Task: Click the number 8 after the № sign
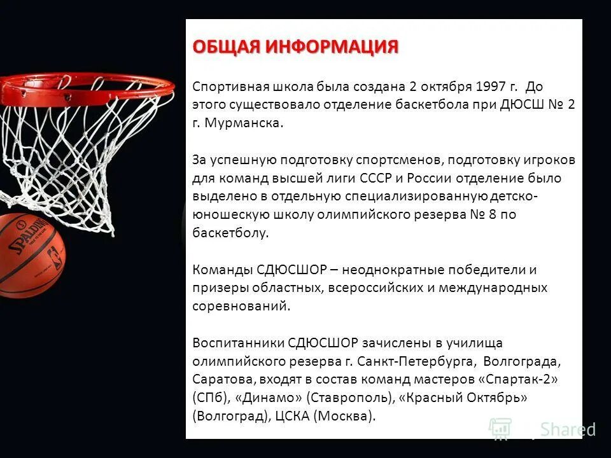point(493,214)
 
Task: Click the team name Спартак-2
point(521,380)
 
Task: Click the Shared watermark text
point(568,429)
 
